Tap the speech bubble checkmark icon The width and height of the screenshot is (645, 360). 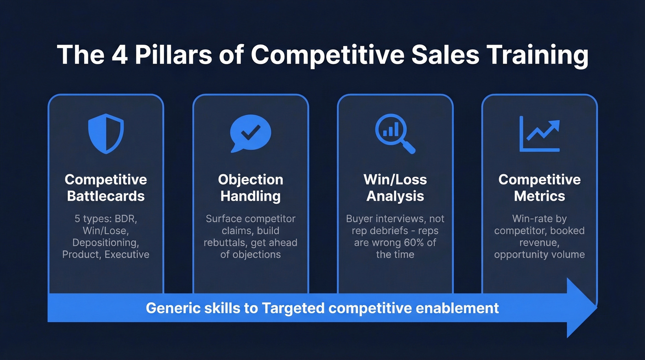point(250,133)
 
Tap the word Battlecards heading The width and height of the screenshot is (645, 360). point(106,196)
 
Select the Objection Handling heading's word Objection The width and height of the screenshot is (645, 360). point(251,179)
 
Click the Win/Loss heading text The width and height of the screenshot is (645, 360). point(395,179)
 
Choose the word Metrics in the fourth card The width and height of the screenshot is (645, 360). point(539,196)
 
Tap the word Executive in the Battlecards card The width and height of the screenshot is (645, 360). point(127,254)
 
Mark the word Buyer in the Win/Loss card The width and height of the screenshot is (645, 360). point(359,218)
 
